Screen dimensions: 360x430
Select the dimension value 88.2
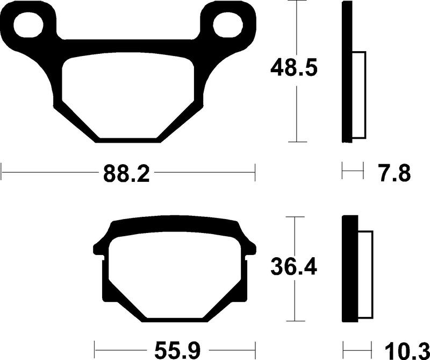point(125,174)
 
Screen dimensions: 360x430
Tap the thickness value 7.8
point(396,174)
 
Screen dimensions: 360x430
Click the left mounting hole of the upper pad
point(27,24)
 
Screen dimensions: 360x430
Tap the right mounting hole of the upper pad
point(228,24)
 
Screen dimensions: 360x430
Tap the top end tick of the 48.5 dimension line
point(297,2)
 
